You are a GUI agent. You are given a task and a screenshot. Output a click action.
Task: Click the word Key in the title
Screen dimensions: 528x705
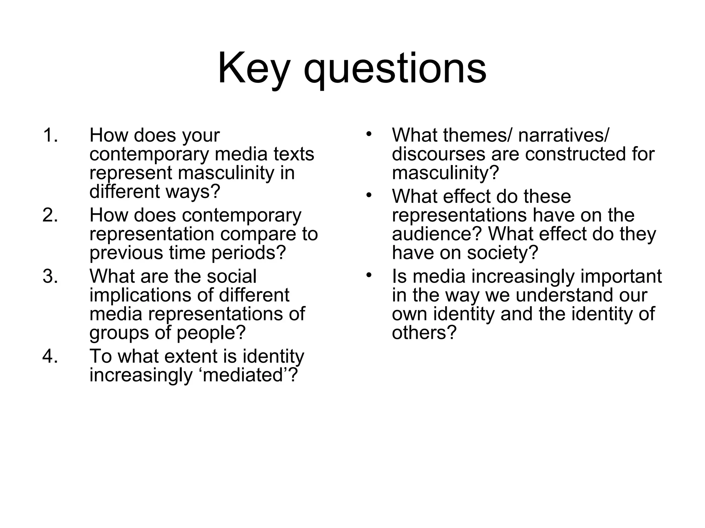pyautogui.click(x=253, y=69)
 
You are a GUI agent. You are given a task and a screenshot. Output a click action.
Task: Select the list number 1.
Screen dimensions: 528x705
pyautogui.click(x=50, y=135)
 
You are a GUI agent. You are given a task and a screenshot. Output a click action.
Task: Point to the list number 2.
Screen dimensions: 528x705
pyautogui.click(x=50, y=216)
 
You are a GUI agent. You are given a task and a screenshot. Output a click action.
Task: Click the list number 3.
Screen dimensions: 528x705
pyautogui.click(x=50, y=276)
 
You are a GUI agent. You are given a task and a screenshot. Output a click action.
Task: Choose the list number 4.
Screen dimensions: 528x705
pyautogui.click(x=50, y=356)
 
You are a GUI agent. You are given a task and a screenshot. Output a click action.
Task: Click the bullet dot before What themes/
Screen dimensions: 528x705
pyautogui.click(x=369, y=134)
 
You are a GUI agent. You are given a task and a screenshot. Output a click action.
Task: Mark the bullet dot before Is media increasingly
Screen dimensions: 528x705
pyautogui.click(x=369, y=275)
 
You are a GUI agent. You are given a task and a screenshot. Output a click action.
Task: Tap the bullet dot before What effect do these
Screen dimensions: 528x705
pyautogui.click(x=369, y=195)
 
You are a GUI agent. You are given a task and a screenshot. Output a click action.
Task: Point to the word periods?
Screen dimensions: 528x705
pyautogui.click(x=249, y=253)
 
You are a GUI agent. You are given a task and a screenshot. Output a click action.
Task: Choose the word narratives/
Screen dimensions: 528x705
pyautogui.click(x=563, y=135)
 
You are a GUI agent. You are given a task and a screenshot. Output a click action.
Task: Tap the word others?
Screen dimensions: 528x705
pyautogui.click(x=424, y=333)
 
